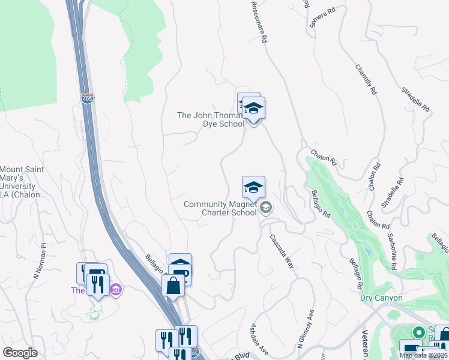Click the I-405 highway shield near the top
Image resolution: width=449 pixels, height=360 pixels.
(x=88, y=100)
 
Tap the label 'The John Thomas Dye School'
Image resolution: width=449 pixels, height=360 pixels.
(x=211, y=120)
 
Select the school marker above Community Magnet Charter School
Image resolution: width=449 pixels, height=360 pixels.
(x=253, y=187)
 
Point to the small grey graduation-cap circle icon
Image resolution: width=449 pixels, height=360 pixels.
(x=267, y=208)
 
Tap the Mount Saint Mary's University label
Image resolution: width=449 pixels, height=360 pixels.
(x=23, y=182)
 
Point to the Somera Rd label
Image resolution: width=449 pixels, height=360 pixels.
(x=322, y=19)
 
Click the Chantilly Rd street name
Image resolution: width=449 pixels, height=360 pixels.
(x=366, y=79)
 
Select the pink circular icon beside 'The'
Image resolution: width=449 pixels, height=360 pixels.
(x=116, y=291)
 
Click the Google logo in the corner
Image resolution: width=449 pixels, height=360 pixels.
(x=20, y=353)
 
